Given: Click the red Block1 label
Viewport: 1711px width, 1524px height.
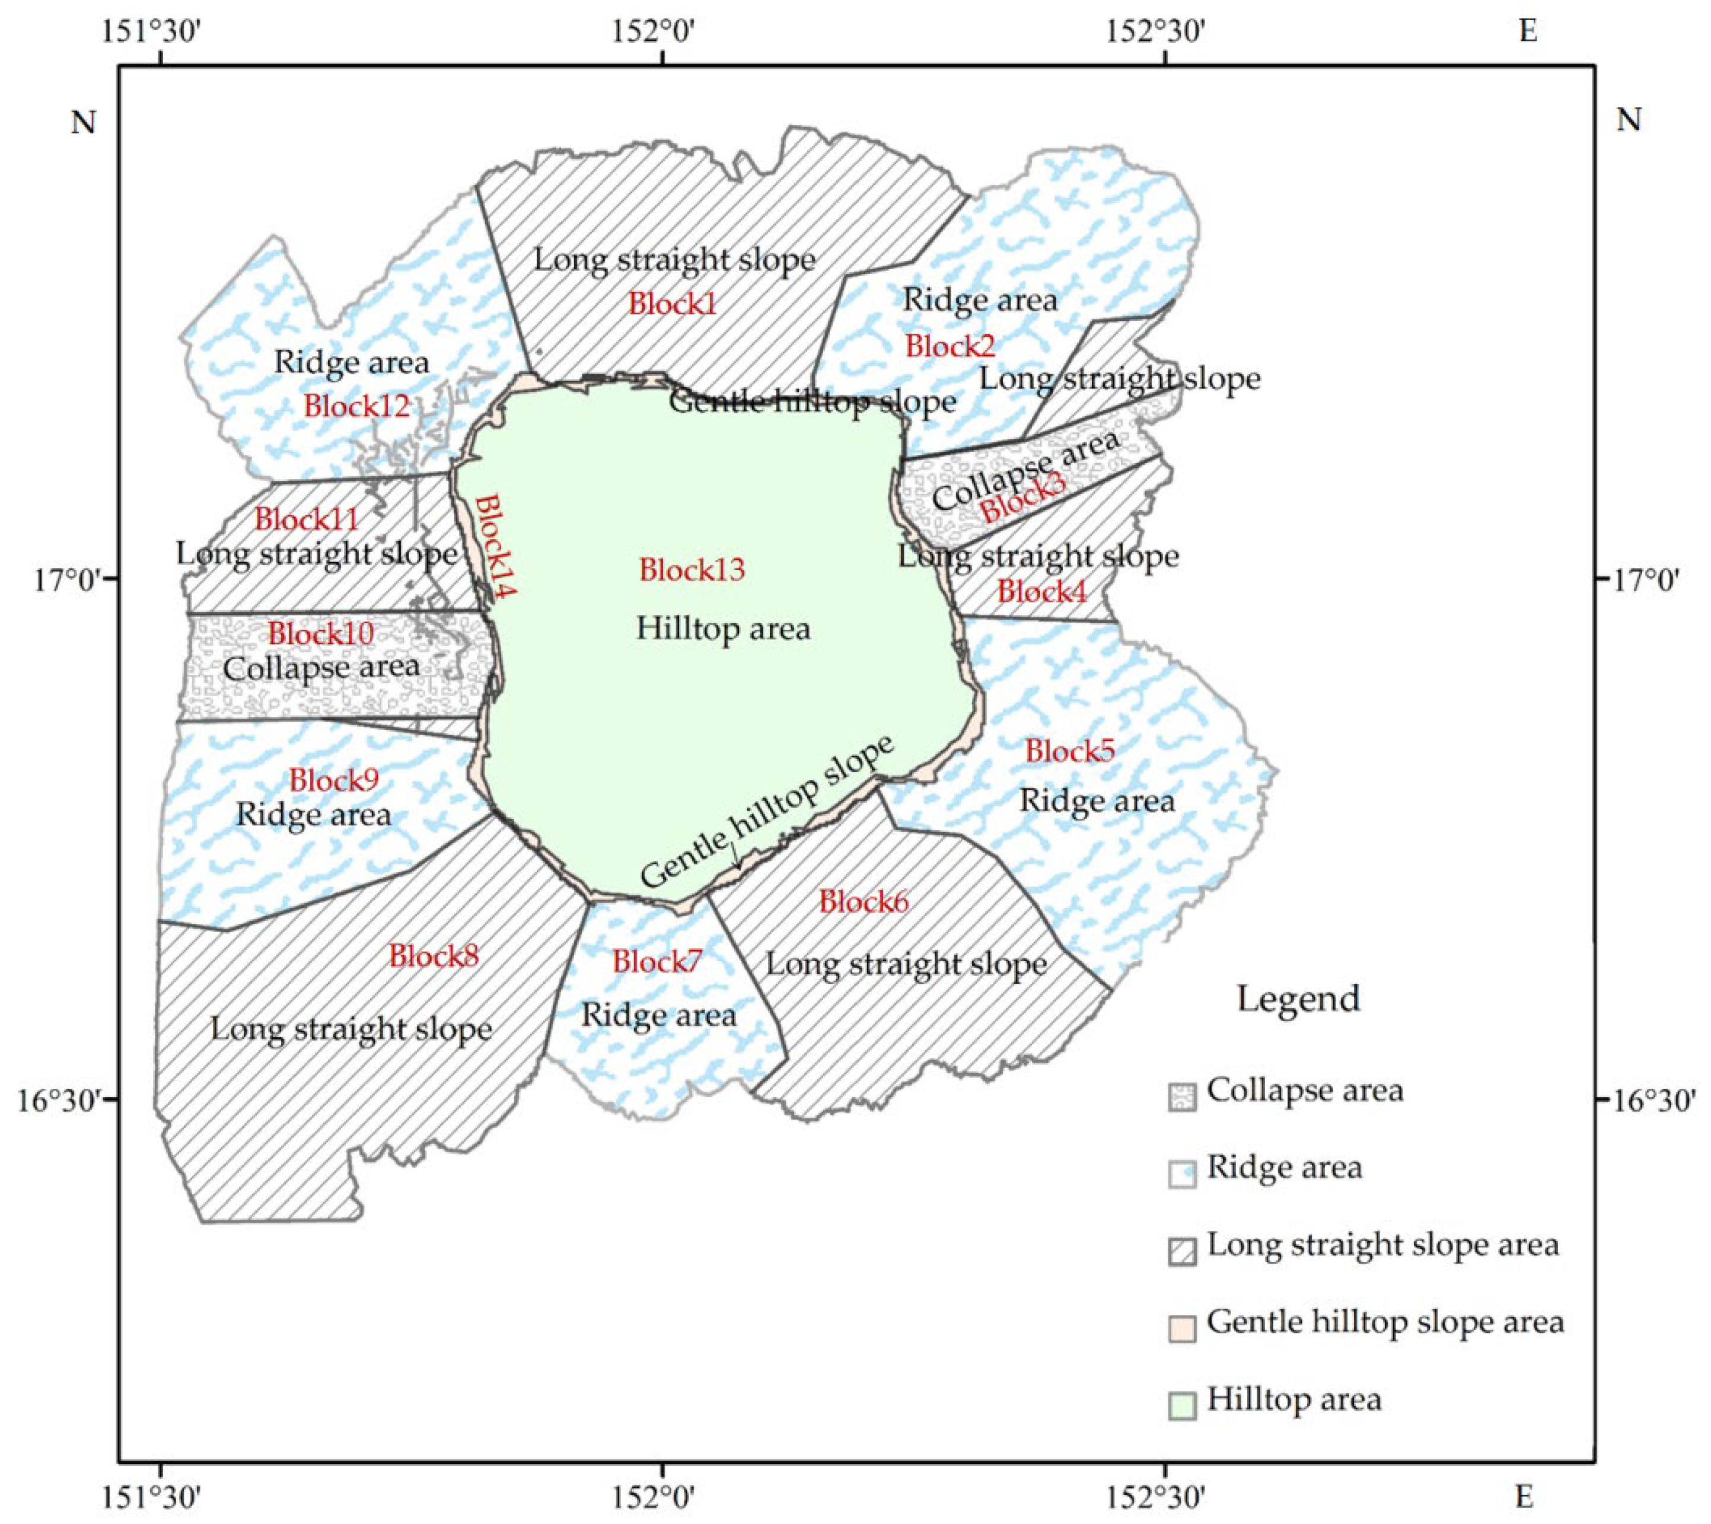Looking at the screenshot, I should click(x=673, y=303).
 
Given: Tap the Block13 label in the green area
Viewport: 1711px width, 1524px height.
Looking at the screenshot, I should click(x=692, y=570).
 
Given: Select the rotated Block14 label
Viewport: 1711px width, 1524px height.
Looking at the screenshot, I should click(x=495, y=546).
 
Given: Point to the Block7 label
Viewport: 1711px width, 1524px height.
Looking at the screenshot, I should click(x=657, y=961).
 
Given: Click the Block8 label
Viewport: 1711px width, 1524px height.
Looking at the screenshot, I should click(x=433, y=955).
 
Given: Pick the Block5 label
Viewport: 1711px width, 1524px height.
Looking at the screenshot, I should click(x=1070, y=751).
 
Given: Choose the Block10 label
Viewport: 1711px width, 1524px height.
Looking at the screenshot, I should click(x=321, y=633).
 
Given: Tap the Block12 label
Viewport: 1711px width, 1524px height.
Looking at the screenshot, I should click(x=357, y=406).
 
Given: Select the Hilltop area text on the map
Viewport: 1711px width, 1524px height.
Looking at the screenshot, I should click(x=724, y=629).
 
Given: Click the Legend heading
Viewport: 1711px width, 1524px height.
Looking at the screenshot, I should click(x=1298, y=999).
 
